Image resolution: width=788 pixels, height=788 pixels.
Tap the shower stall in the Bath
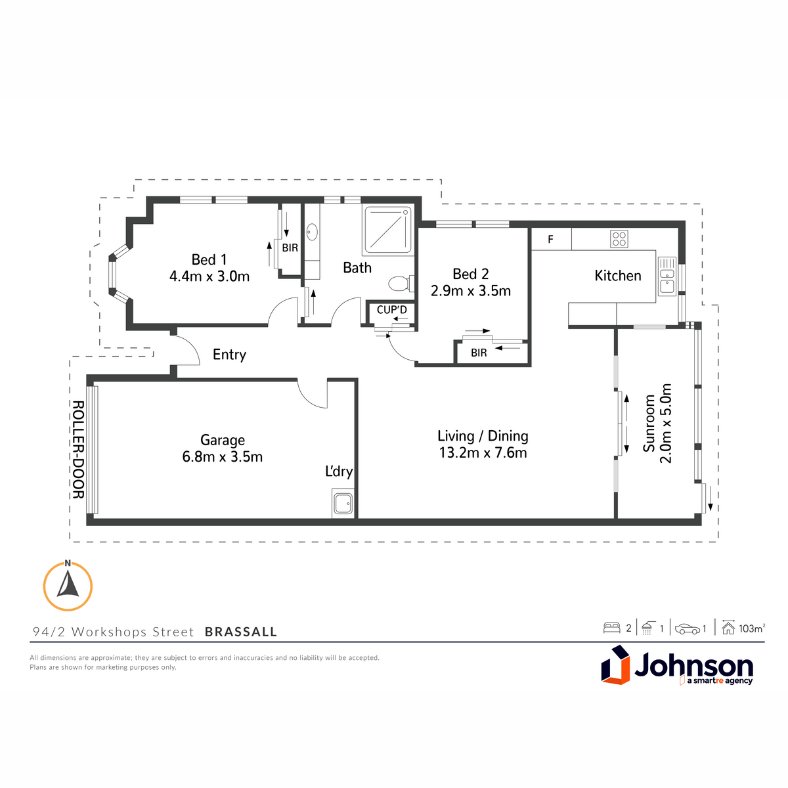(x=387, y=230)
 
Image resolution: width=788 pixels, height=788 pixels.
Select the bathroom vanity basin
(x=313, y=232)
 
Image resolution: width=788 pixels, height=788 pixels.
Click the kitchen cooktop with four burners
(x=619, y=239)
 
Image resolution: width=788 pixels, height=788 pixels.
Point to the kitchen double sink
(x=667, y=276)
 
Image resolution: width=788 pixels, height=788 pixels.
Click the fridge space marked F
(x=551, y=239)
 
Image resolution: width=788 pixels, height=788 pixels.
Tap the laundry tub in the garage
(x=343, y=503)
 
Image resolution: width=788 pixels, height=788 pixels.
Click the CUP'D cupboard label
(x=392, y=310)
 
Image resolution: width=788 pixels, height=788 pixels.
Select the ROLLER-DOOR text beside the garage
(x=78, y=449)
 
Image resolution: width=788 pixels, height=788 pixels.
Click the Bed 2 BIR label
(x=479, y=353)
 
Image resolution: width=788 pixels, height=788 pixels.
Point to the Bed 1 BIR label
(x=290, y=248)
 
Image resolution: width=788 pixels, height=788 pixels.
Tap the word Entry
(x=229, y=355)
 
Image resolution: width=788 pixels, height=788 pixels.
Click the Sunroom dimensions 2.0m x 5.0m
(x=666, y=424)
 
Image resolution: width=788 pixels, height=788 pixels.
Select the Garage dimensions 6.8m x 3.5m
(x=223, y=456)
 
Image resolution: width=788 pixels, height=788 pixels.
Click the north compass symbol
(x=68, y=586)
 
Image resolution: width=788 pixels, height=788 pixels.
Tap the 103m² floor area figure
(x=752, y=628)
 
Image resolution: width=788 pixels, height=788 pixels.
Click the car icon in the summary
(x=688, y=629)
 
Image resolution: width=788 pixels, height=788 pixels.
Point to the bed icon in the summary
(x=612, y=628)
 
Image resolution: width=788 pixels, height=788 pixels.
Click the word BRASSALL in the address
(x=241, y=632)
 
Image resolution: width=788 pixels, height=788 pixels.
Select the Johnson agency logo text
(x=693, y=666)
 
